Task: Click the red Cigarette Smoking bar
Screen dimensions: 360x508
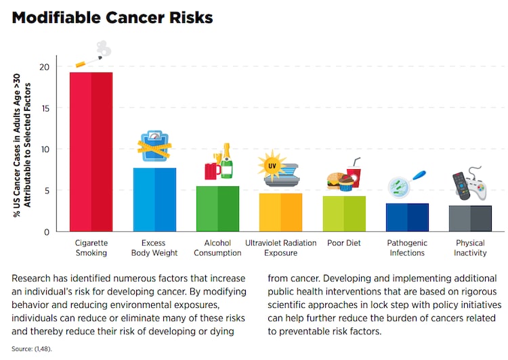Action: pyautogui.click(x=91, y=152)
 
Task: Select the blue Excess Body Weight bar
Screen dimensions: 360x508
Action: pyautogui.click(x=154, y=200)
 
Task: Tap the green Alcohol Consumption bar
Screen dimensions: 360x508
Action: pyautogui.click(x=217, y=208)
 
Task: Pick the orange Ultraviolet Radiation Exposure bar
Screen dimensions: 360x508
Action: pyautogui.click(x=280, y=212)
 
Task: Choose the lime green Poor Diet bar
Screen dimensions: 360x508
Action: pyautogui.click(x=344, y=214)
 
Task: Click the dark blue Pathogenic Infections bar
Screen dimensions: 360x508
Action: pyautogui.click(x=407, y=217)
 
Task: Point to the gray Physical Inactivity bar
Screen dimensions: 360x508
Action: pyautogui.click(x=470, y=219)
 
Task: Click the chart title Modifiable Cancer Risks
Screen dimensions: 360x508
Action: pyautogui.click(x=112, y=18)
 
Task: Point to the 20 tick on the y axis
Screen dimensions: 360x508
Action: pyautogui.click(x=43, y=66)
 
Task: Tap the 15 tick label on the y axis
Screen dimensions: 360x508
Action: pyautogui.click(x=43, y=108)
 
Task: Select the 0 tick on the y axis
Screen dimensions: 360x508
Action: pyautogui.click(x=46, y=231)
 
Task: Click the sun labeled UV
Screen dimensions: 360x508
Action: pyautogui.click(x=270, y=165)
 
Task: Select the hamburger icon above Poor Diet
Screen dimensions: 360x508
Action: pyautogui.click(x=334, y=181)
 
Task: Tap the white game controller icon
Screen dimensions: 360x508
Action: pyautogui.click(x=478, y=191)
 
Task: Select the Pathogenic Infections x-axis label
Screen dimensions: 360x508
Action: pyautogui.click(x=406, y=248)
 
